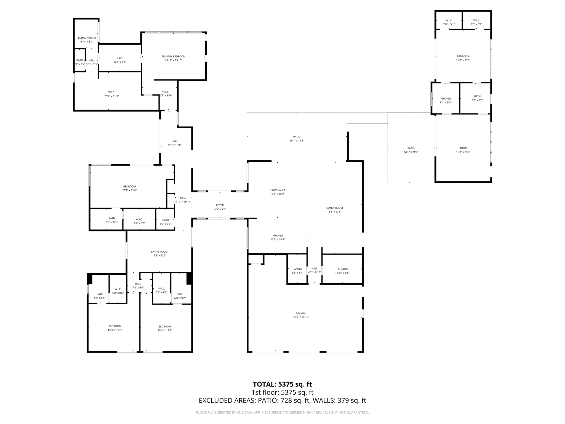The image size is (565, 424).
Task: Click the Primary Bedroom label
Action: click(173, 57)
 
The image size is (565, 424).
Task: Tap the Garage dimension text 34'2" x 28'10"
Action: click(301, 317)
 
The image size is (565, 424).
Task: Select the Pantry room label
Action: click(297, 269)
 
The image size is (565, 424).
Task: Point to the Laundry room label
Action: click(342, 269)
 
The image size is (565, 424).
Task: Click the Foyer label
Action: click(220, 205)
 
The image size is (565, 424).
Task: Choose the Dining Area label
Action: click(277, 190)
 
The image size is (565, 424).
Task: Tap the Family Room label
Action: click(334, 208)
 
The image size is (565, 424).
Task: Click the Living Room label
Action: click(159, 251)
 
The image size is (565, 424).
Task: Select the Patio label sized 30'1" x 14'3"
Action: click(297, 137)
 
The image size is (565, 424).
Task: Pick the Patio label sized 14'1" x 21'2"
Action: click(411, 148)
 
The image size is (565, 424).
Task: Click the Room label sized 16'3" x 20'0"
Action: click(463, 148)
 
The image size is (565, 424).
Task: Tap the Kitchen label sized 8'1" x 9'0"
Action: click(446, 99)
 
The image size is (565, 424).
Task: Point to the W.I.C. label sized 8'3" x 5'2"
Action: click(476, 20)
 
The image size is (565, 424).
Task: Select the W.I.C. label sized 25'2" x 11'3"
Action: click(111, 92)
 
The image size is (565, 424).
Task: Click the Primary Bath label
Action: click(87, 38)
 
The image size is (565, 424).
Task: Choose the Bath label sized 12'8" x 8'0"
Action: click(120, 58)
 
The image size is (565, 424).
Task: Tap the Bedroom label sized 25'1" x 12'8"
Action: click(129, 187)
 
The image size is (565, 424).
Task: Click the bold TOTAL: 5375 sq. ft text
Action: click(282, 384)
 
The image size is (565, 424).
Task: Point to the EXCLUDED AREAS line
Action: click(282, 401)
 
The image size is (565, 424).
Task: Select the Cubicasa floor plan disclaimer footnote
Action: click(282, 412)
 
